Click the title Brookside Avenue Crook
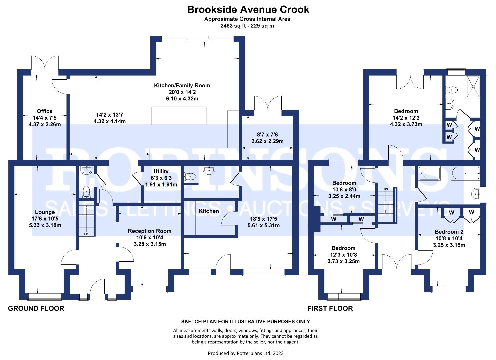click(248, 9)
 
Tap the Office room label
click(45, 111)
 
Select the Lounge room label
click(45, 212)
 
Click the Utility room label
click(161, 172)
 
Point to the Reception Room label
click(150, 231)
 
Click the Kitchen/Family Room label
click(182, 86)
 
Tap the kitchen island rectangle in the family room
click(179, 115)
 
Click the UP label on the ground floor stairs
click(86, 234)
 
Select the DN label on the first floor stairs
click(386, 189)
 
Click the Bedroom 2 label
click(449, 232)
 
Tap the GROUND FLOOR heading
click(36, 308)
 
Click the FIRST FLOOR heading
click(330, 308)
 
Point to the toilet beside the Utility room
click(190, 176)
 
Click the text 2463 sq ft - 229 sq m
click(247, 26)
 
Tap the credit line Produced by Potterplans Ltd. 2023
click(246, 353)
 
